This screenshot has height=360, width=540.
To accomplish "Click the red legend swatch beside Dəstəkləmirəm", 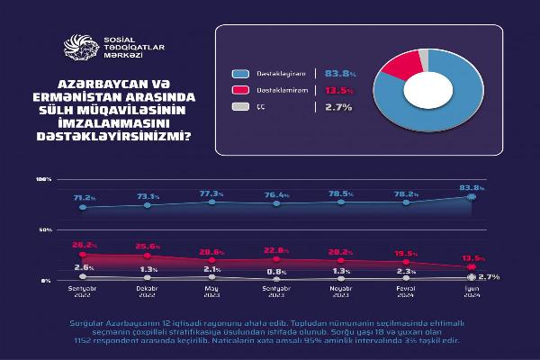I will click(238, 90).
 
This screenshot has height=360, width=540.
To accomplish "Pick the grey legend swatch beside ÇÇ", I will click(238, 107).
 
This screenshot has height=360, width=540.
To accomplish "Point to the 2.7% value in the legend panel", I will click(337, 107).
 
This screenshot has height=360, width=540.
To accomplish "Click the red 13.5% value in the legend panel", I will click(337, 90).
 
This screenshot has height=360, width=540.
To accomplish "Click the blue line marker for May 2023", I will click(211, 203).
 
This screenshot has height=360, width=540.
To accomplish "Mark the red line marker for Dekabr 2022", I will click(148, 256).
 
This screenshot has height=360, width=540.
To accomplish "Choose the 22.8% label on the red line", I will click(275, 250).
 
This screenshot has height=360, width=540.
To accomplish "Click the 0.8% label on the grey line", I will click(275, 271).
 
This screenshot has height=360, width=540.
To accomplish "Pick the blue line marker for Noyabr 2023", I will click(340, 202).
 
